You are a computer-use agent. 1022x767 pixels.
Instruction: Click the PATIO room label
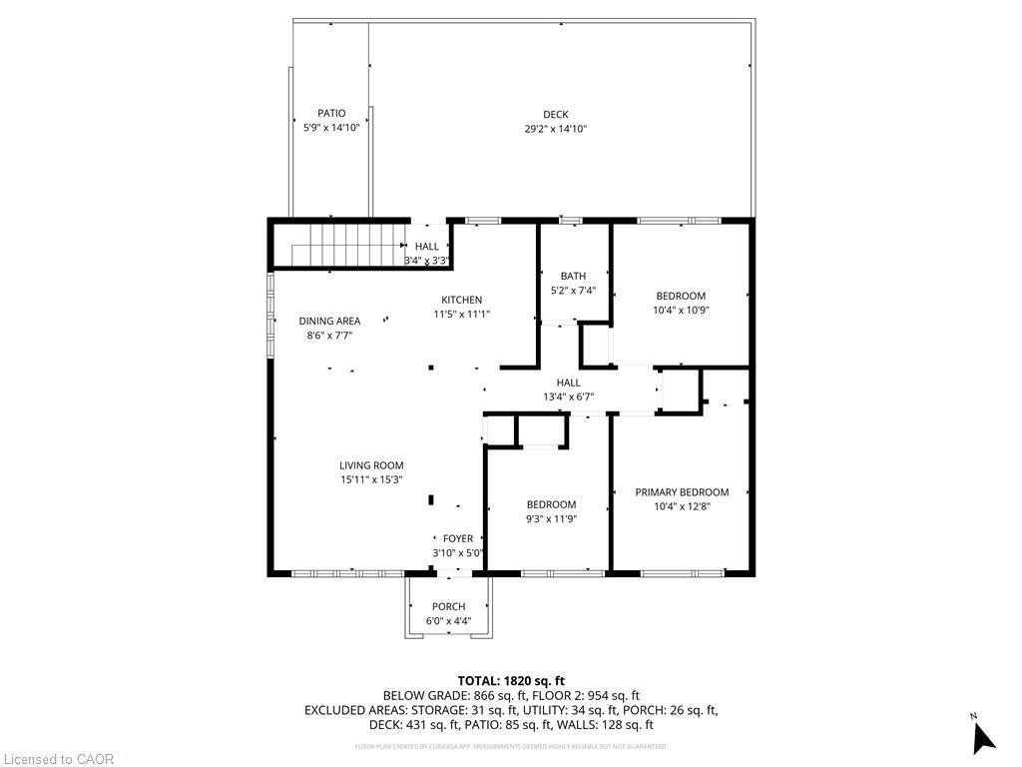pos(331,113)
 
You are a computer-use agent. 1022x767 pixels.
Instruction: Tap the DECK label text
pos(556,115)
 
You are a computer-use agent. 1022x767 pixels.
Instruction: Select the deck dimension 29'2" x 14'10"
pos(556,129)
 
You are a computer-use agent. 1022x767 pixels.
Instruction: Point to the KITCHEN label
pos(462,300)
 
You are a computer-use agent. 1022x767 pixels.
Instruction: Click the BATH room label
pos(573,277)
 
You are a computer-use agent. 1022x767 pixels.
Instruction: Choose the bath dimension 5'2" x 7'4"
pos(573,291)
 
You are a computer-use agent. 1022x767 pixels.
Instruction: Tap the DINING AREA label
pos(329,321)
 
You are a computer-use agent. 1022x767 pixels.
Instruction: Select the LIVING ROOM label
pos(371,465)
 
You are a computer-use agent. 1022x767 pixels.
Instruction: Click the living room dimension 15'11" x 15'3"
pos(371,479)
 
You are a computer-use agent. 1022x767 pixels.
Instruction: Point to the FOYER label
pos(458,539)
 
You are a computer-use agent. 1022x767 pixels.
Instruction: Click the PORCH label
pos(448,607)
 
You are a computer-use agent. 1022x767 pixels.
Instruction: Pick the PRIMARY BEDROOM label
pos(682,492)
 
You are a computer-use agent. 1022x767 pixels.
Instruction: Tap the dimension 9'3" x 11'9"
pos(551,518)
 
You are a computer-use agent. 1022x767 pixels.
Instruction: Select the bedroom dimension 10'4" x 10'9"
pos(681,310)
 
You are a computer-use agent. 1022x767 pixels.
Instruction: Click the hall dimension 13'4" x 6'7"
pos(568,396)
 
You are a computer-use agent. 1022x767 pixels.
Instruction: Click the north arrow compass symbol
pos(983,736)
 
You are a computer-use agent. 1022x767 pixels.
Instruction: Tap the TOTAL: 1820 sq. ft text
pos(511,680)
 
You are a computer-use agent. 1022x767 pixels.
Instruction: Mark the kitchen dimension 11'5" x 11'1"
pos(462,314)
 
